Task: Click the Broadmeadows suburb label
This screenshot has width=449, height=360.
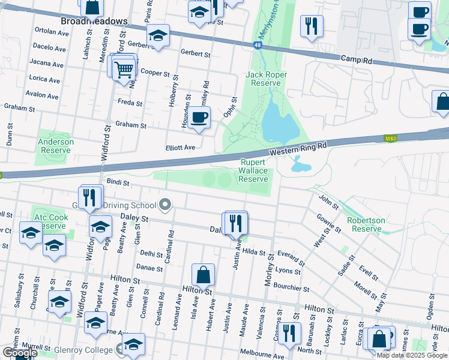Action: [x=94, y=21]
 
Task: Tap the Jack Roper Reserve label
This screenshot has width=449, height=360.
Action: [x=266, y=79]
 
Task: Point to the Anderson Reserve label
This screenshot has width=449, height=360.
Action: [x=56, y=146]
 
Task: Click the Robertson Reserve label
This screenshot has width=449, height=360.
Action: [x=366, y=224]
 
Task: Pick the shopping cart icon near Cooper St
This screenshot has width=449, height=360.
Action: [x=124, y=69]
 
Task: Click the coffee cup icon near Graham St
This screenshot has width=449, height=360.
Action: [x=200, y=116]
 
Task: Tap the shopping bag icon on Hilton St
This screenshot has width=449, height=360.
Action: [x=203, y=275]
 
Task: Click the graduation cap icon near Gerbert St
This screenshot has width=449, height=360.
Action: [x=158, y=36]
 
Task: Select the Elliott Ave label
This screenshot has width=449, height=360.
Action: [x=181, y=148]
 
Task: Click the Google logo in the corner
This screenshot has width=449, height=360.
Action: [x=19, y=353]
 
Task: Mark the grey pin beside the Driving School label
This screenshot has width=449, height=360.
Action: [x=164, y=205]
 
